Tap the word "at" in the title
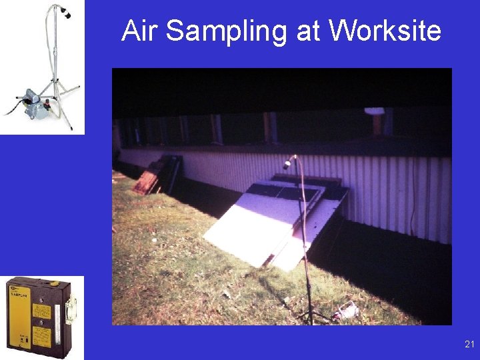tap(309, 31)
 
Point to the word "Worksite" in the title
tap(385, 31)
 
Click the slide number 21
tap(469, 344)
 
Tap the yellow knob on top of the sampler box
tap(54, 283)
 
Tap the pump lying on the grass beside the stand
tap(347, 309)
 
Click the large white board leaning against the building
tap(256, 224)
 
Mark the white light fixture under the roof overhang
tap(375, 111)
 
